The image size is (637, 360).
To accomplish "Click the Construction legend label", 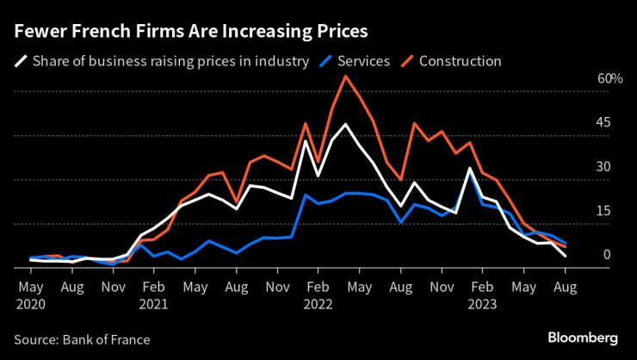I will [x=460, y=61].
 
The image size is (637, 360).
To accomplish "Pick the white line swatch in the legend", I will [x=19, y=61].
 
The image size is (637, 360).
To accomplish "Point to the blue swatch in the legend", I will [x=325, y=61].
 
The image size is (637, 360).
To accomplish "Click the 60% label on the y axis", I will [x=610, y=79].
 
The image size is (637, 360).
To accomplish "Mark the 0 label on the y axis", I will [x=606, y=255].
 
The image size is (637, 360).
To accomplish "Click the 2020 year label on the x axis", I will [x=30, y=304].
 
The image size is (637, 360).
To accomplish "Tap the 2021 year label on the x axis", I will [x=154, y=304].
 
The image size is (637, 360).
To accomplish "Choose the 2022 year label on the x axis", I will [x=318, y=304].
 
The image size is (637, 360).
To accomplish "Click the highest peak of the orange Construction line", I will [x=345, y=76].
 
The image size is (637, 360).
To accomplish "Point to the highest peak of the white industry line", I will [x=345, y=124].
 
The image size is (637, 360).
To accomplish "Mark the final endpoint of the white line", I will [x=565, y=257].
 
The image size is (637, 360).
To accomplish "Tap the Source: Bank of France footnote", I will [x=82, y=339].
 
